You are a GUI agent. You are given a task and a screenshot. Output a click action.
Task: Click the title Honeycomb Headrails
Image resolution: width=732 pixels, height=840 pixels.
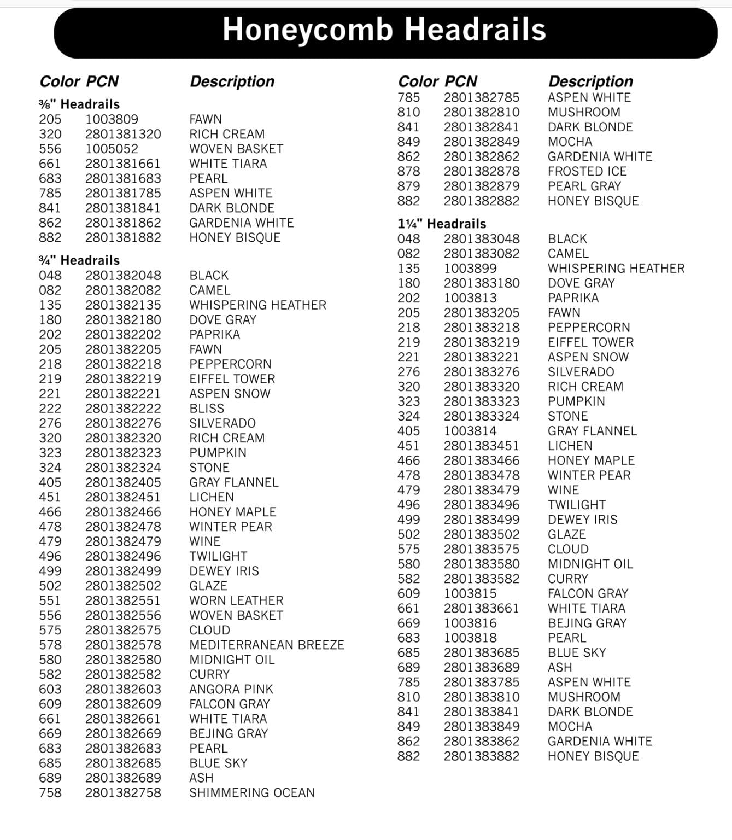384,30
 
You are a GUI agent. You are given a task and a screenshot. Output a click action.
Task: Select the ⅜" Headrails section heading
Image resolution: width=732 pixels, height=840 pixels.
79,104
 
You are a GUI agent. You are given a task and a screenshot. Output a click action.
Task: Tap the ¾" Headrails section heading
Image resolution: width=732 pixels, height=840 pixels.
79,260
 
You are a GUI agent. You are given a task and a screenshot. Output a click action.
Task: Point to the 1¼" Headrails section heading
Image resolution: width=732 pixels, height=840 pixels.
442,224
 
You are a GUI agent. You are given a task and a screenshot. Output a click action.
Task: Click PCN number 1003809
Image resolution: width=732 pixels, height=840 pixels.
112,119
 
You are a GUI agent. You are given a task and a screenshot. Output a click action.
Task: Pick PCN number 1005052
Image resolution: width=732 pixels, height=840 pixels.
112,149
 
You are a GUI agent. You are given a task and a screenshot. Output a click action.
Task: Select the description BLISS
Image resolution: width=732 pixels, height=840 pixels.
207,409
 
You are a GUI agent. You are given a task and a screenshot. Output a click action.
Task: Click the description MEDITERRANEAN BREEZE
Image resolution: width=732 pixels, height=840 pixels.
267,645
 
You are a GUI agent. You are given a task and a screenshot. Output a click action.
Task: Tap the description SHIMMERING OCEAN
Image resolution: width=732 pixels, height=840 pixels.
252,792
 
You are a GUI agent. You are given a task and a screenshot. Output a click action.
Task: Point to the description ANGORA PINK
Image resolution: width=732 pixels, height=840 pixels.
231,689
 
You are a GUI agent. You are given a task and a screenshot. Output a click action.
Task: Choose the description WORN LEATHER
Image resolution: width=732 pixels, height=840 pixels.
236,600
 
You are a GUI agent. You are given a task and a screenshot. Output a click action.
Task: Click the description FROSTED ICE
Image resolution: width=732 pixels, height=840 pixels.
587,171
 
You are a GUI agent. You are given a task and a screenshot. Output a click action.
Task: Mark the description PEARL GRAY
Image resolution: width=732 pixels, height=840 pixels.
584,186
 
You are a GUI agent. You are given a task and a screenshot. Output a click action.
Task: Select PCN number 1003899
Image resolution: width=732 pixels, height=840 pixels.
470,269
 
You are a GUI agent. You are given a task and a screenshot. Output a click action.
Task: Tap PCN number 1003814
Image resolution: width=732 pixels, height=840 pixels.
470,431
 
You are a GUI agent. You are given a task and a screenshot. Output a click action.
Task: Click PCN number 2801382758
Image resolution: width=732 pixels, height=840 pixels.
123,792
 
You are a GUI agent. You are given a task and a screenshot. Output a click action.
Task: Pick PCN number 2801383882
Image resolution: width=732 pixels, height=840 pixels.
482,756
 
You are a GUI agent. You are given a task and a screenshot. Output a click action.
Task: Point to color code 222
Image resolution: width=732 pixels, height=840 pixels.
50,409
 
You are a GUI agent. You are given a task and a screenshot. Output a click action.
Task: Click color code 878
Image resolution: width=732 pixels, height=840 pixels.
409,171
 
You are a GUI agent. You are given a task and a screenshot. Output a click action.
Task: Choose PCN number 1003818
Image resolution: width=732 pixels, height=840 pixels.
470,638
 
